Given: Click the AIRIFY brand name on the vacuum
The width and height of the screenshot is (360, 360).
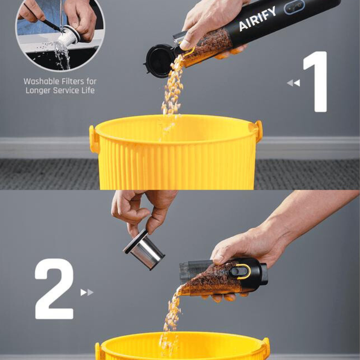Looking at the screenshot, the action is click(257, 18).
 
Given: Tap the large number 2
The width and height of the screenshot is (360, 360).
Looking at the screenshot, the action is click(54, 288).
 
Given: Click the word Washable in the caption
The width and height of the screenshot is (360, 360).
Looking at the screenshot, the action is click(39, 81).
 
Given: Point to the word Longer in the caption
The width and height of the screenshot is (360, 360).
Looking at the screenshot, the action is click(38, 90).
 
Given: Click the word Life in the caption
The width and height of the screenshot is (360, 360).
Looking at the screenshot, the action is click(88, 90).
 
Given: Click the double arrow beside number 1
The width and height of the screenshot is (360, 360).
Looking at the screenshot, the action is click(293, 83).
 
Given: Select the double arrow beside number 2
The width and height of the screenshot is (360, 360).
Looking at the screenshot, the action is click(87, 292).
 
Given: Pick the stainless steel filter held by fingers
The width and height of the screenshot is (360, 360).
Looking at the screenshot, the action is click(144, 249).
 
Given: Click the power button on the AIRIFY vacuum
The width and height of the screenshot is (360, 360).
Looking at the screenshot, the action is click(294, 7).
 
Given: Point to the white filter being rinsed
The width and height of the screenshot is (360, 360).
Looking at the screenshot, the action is click(69, 36).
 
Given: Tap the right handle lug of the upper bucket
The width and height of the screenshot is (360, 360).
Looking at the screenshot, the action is click(259, 131).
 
